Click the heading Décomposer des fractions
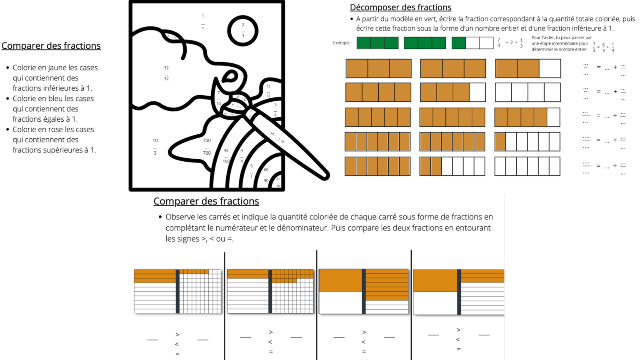coord(400,7)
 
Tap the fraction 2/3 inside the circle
coord(243,30)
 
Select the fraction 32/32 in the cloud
coord(166,73)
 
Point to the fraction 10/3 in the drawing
coord(155,147)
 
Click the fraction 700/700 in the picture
coord(207,147)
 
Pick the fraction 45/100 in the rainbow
coord(226,156)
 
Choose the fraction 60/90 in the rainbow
coord(266,175)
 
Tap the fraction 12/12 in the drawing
coord(268,91)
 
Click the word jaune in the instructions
coord(59,68)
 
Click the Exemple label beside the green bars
coord(342,43)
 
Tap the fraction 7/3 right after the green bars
coord(499,42)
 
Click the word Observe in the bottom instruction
coord(180,217)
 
